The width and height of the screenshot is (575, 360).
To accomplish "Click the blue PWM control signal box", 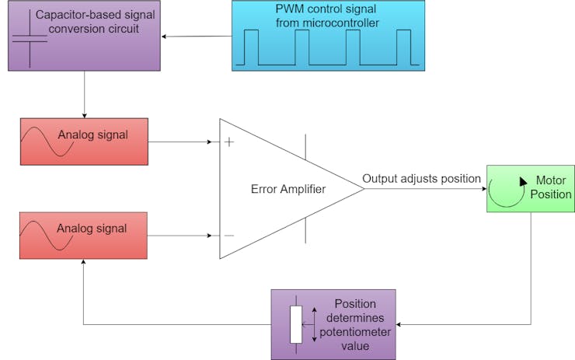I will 328,36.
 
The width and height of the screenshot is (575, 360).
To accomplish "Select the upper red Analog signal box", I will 83,142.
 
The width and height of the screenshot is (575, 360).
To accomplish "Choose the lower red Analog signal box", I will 83,236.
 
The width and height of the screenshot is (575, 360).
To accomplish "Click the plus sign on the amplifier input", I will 229,142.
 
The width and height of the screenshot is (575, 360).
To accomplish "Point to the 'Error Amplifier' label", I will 287,189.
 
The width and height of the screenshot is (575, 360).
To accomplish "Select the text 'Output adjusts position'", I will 421,179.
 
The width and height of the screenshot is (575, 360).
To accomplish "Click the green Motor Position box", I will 529,188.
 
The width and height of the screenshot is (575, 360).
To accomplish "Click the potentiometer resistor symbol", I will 295,324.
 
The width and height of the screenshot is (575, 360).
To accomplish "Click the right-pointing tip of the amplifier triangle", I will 363,189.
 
